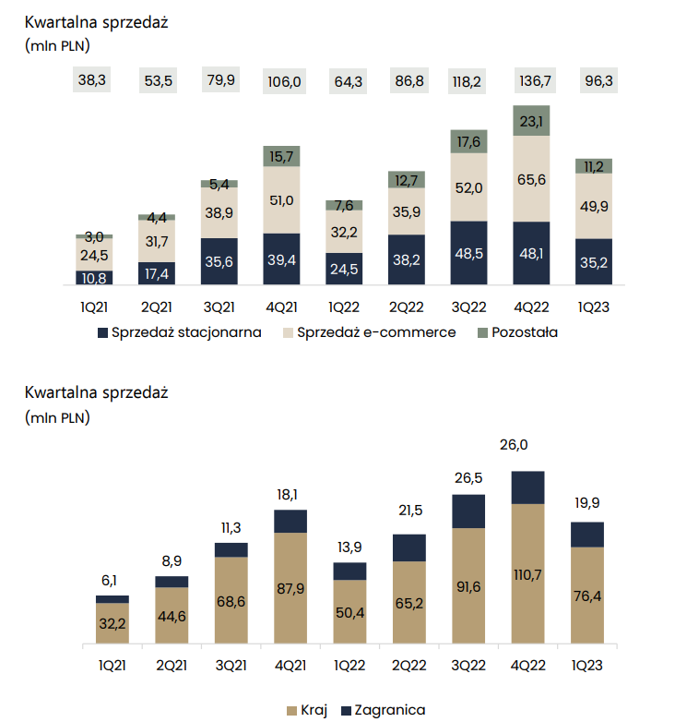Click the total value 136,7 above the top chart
(x=531, y=80)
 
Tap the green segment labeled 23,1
(x=531, y=120)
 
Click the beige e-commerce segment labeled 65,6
(x=531, y=179)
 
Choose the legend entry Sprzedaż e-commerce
(x=375, y=331)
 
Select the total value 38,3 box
(x=92, y=80)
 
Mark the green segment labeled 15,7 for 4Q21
(x=281, y=156)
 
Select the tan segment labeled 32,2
(x=112, y=623)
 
